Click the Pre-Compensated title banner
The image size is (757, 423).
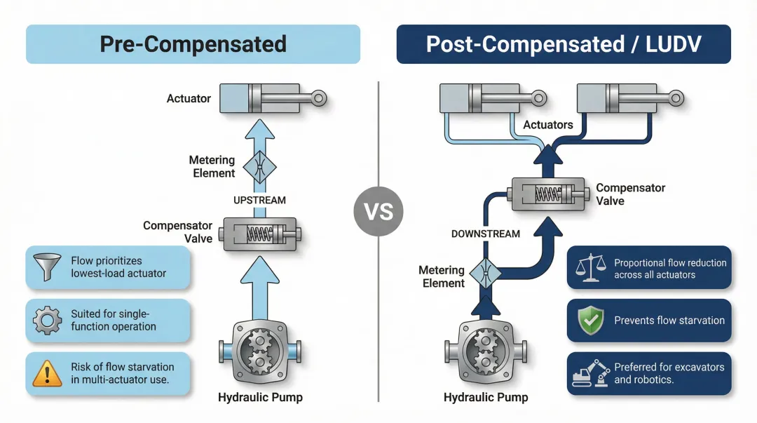[193, 44]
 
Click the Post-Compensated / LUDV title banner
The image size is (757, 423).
[564, 44]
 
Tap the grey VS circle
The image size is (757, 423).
[378, 210]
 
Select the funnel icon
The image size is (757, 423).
[47, 267]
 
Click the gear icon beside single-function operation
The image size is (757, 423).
[47, 321]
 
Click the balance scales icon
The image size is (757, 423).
[588, 267]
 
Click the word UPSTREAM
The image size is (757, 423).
[259, 200]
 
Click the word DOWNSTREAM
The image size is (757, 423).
[486, 233]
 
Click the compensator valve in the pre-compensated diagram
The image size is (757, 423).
[259, 234]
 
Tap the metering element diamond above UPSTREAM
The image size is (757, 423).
[259, 167]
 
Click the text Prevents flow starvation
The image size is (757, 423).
[669, 321]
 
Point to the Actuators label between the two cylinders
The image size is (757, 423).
[548, 125]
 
